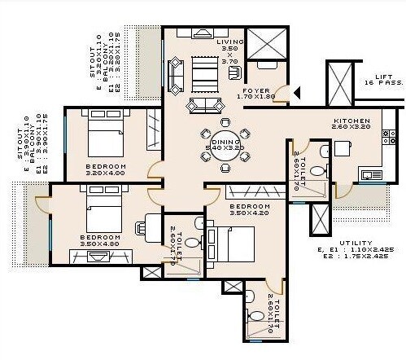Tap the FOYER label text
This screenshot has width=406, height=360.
click(259, 91)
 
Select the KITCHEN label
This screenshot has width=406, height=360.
click(351, 121)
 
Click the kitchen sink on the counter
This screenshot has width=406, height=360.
click(373, 173)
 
